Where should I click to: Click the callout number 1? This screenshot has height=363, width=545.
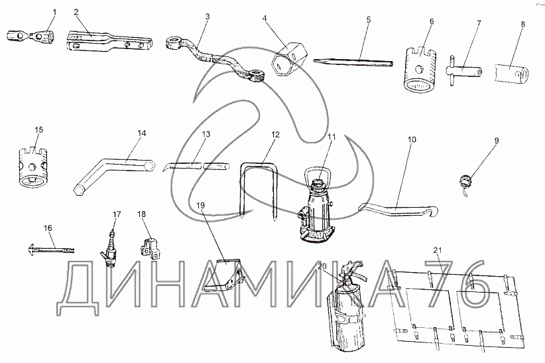54,13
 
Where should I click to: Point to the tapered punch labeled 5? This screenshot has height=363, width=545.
353,62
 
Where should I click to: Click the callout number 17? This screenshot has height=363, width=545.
117,214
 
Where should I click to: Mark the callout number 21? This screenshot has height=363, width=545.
437,250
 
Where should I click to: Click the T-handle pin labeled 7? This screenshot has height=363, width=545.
464,71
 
